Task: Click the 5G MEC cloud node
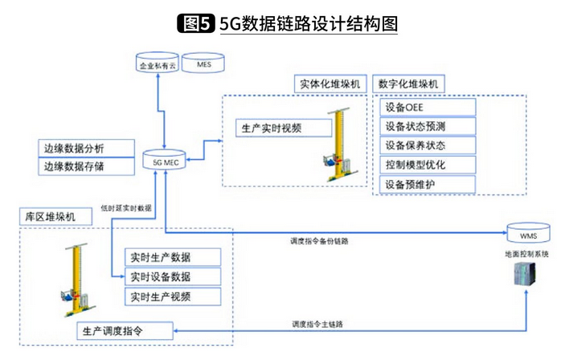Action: coord(166,161)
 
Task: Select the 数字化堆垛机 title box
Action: coord(412,84)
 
